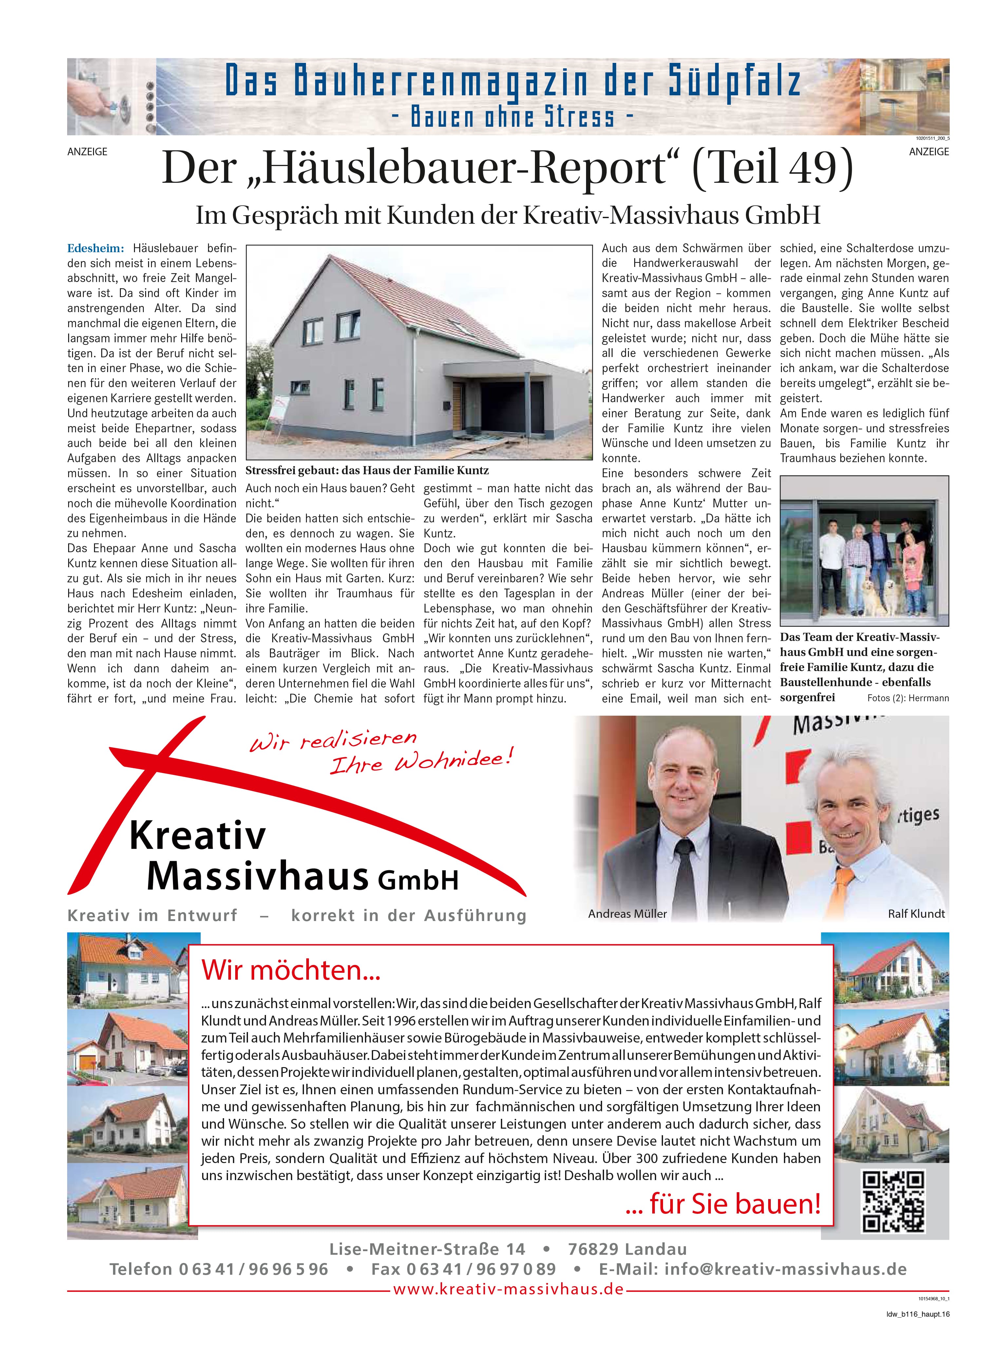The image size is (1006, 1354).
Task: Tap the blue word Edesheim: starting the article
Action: (95, 248)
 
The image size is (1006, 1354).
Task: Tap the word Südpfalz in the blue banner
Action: (734, 82)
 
